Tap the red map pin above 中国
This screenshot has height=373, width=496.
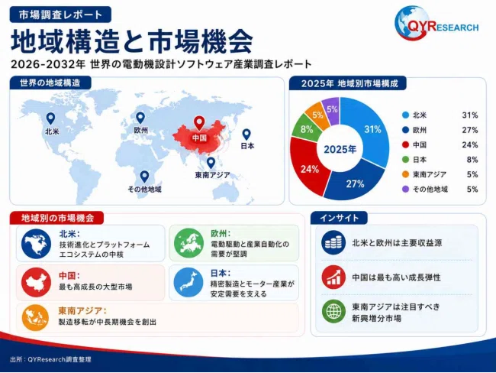tap(199, 123)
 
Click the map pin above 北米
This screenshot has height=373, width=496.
tap(50, 118)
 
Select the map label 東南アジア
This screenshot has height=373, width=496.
tap(213, 175)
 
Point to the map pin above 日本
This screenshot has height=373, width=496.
tap(246, 135)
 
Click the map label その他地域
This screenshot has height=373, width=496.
tap(144, 190)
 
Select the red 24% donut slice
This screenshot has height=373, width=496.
tap(308, 168)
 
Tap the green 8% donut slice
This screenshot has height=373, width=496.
tap(304, 128)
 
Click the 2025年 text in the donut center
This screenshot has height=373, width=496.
tap(340, 149)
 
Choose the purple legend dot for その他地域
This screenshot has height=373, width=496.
tap(405, 190)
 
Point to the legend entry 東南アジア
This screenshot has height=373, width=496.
tap(430, 174)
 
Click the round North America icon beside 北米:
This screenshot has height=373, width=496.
tap(36, 244)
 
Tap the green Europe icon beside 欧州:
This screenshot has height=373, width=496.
tap(188, 243)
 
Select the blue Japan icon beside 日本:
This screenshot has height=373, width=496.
tap(188, 282)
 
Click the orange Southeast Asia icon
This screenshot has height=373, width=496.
tap(35, 317)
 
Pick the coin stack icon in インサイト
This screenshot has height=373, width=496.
tap(333, 243)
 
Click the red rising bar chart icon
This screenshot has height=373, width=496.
tap(333, 277)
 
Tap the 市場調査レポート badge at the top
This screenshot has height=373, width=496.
tap(60, 15)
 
